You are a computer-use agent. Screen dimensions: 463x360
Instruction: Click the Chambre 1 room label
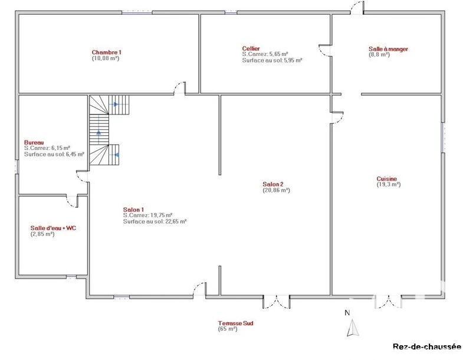[x=107, y=53]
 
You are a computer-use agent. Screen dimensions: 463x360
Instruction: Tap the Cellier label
[x=251, y=48]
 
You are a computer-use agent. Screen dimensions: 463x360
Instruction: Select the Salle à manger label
[x=388, y=49]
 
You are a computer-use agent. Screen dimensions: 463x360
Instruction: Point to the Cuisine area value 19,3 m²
[x=389, y=185]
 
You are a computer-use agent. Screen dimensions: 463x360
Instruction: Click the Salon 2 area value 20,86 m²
[x=277, y=190]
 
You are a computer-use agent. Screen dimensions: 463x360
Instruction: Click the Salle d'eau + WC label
[x=53, y=228]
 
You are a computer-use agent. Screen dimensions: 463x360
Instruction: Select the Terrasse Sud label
[x=236, y=323]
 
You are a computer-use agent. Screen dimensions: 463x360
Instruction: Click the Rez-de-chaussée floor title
[x=426, y=346]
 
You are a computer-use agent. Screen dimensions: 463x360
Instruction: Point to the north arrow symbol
[x=353, y=328]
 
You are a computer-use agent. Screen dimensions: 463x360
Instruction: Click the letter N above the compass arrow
[x=347, y=313]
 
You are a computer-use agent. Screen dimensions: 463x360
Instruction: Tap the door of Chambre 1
[x=180, y=88]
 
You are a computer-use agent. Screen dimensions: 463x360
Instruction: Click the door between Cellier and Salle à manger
[x=325, y=50]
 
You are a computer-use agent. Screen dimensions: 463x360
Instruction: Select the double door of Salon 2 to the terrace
[x=277, y=302]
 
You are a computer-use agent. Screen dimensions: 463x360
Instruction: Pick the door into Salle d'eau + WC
[x=72, y=201]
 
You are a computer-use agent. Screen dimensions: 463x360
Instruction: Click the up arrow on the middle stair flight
[x=98, y=132]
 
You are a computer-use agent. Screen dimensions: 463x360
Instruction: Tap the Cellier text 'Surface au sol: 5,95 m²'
[x=272, y=60]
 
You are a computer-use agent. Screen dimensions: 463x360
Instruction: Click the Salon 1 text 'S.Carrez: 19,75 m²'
[x=147, y=215]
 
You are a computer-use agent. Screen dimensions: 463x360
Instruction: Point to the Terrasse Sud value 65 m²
[x=228, y=329]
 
